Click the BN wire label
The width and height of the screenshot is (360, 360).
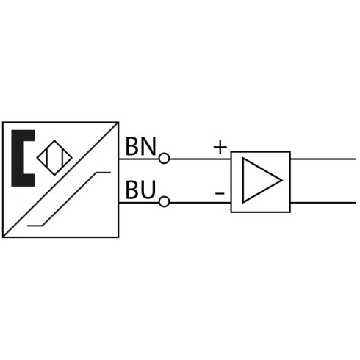pyautogui.click(x=140, y=146)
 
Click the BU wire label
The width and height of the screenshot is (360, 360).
pyautogui.click(x=140, y=190)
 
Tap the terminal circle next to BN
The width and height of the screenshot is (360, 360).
pyautogui.click(x=164, y=158)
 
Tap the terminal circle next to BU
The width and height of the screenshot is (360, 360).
pyautogui.click(x=164, y=202)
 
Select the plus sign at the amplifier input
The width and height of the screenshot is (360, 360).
pyautogui.click(x=220, y=148)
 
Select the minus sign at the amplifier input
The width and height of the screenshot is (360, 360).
pyautogui.click(x=220, y=194)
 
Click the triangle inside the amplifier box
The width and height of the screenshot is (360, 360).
pyautogui.click(x=262, y=181)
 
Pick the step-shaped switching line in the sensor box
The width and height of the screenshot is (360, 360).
pyautogui.click(x=69, y=199)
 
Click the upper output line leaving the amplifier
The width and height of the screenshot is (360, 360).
pyautogui.click(x=323, y=159)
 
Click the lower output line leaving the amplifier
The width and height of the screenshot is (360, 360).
pyautogui.click(x=323, y=203)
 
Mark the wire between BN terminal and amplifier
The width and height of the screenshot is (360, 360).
pyautogui.click(x=200, y=159)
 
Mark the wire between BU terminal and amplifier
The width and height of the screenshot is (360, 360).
pyautogui.click(x=200, y=203)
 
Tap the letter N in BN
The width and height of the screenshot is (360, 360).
pyautogui.click(x=148, y=146)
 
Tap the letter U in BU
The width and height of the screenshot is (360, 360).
pyautogui.click(x=148, y=190)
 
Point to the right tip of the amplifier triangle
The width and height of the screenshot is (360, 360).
pyautogui.click(x=283, y=181)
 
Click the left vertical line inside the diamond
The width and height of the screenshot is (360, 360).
pyautogui.click(x=46, y=158)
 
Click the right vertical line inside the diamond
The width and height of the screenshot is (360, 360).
pyautogui.click(x=63, y=158)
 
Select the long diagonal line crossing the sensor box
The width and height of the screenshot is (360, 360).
pyautogui.click(x=60, y=180)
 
